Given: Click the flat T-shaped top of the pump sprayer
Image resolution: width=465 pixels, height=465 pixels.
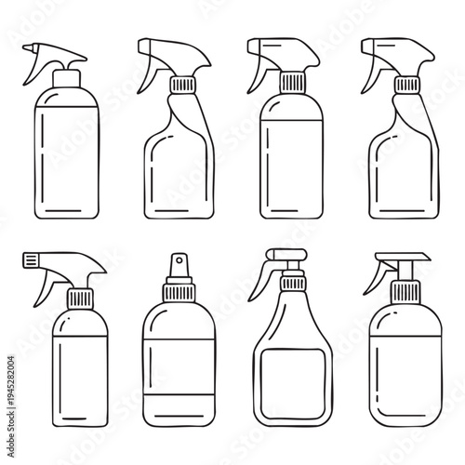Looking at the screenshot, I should [400, 257].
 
